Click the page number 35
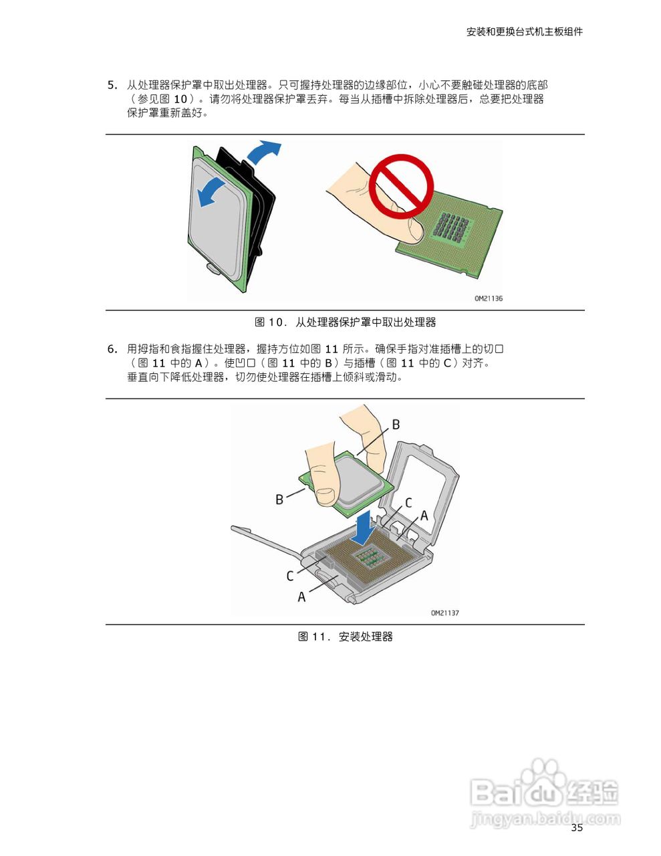point(577,828)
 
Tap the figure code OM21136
point(489,298)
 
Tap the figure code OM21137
point(445,613)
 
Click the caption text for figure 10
point(345,322)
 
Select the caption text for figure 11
point(345,637)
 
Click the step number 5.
point(112,85)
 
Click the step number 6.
point(112,349)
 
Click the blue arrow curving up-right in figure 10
point(264,152)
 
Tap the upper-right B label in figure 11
point(396,425)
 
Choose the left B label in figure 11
point(279,500)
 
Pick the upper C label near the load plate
point(408,503)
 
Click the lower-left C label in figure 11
point(290,576)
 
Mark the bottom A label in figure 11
point(301,597)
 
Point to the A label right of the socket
point(423,516)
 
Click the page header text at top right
point(524,31)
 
